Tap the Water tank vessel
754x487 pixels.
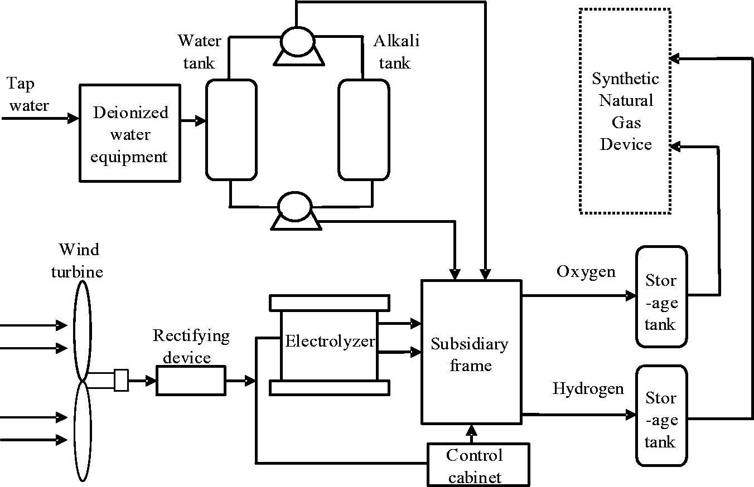(231, 130)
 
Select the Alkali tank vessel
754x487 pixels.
(364, 130)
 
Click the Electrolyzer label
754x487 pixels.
(330, 340)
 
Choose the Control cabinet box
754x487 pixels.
(477, 465)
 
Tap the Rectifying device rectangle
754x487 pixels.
(191, 381)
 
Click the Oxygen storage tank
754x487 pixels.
(661, 297)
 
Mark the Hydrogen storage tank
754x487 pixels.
(661, 415)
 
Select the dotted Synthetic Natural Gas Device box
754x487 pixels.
(625, 111)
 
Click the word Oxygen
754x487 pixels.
(586, 272)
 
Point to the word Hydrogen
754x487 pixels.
(588, 388)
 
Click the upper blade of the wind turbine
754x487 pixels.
(81, 329)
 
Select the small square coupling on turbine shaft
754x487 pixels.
(121, 381)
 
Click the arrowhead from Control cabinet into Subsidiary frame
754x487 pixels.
(471, 430)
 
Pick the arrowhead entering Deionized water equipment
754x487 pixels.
(74, 118)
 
